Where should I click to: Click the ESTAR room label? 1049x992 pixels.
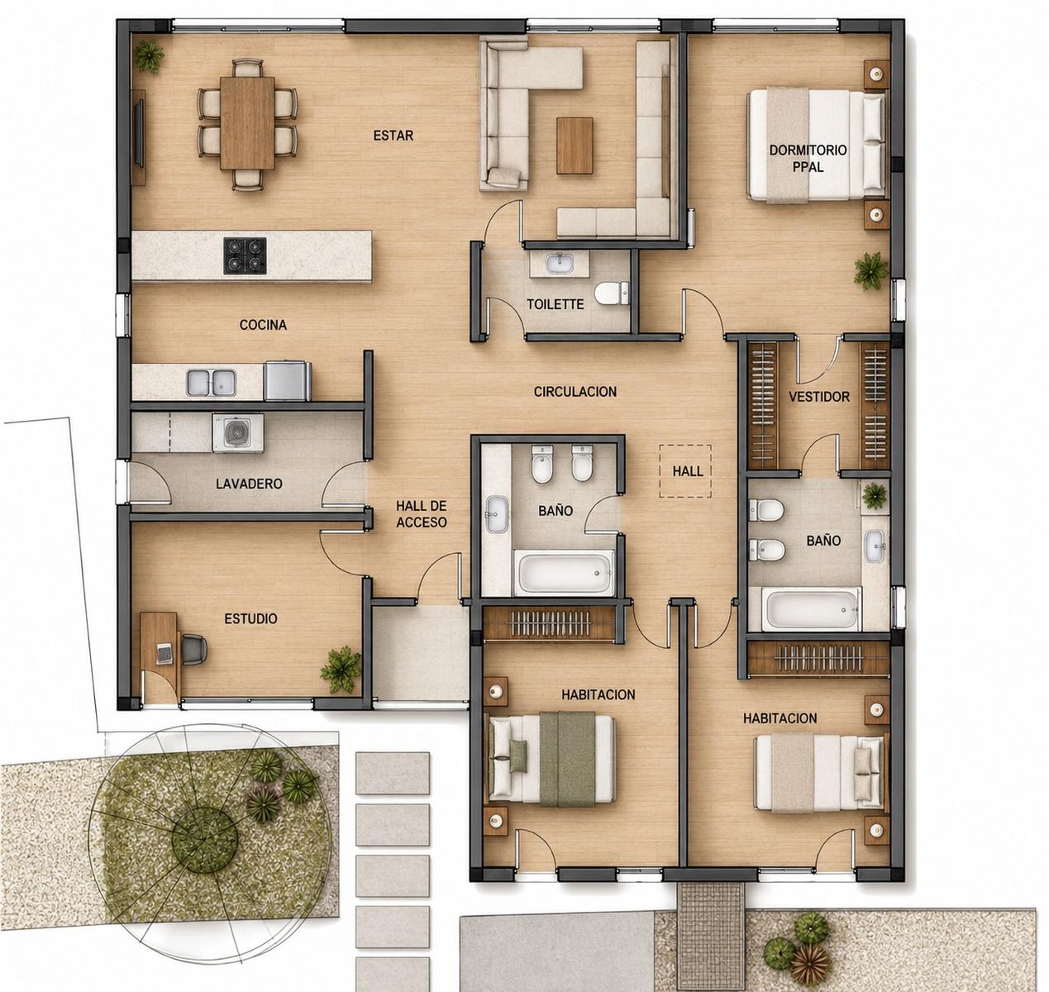[x=393, y=136]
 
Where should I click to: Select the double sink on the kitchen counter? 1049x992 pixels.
[x=212, y=382]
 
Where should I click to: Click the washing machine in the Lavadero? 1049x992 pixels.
[x=238, y=433]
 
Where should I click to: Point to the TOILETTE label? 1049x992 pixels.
[x=555, y=305]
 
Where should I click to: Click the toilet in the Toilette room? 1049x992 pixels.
[x=612, y=293]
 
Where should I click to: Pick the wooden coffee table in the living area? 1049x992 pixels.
[x=575, y=145]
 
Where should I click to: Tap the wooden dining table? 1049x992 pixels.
[x=247, y=122]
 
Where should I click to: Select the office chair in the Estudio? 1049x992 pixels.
[x=193, y=650]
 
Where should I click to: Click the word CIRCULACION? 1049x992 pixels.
[x=575, y=392]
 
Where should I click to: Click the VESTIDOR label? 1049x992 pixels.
[x=819, y=397]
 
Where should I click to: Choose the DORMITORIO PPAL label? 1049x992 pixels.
[x=808, y=158]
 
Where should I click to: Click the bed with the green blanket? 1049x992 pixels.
[x=551, y=759]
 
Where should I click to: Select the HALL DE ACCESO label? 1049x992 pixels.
[x=422, y=514]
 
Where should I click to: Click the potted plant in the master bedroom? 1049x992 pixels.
[x=870, y=270]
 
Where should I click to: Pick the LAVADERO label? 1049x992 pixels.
[x=249, y=484]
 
